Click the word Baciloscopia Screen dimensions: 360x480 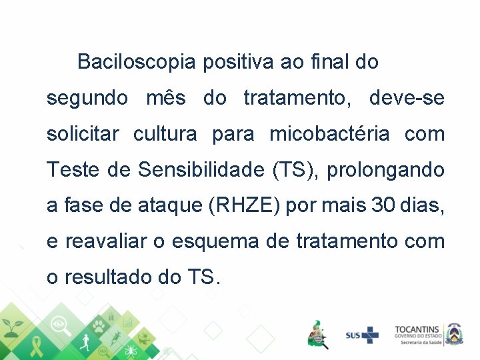coord(136,63)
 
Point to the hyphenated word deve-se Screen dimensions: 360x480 coord(406,99)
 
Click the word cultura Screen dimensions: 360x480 coord(165,135)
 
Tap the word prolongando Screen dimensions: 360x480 coord(385,171)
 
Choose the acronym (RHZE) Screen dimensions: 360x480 coord(245,206)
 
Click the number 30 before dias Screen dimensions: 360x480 coord(383,206)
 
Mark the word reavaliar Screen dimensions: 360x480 coord(104,241)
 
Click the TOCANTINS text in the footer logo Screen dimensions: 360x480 coord(417,329)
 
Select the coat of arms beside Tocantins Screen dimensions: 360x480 coord(455,333)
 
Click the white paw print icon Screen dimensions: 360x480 coord(99,326)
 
